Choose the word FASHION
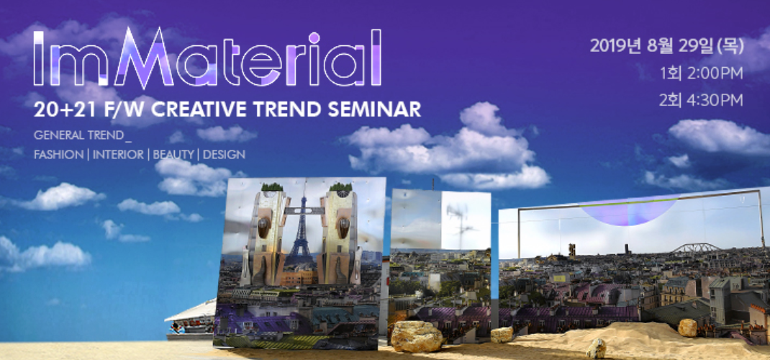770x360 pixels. (58, 155)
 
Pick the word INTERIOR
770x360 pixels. (118, 155)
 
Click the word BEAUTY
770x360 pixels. (173, 155)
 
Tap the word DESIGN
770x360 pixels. (224, 155)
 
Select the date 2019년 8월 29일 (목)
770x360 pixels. (667, 45)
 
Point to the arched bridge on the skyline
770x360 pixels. (696, 248)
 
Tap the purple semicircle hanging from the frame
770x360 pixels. (628, 212)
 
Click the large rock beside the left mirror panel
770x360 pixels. (417, 337)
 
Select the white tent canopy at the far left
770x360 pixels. (191, 311)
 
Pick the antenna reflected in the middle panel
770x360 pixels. (458, 221)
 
